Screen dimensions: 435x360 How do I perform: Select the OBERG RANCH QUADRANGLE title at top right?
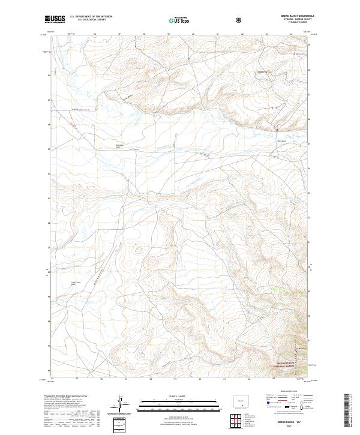tap(292, 16)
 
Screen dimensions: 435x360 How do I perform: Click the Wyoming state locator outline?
tap(240, 400)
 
